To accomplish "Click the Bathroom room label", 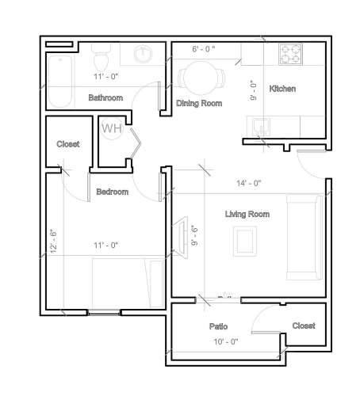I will [x=105, y=98].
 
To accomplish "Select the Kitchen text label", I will [x=282, y=89].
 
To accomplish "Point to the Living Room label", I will [x=247, y=214].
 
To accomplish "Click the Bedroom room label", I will [x=112, y=192].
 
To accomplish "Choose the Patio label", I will [x=219, y=326].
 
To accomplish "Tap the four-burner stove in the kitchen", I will [x=291, y=55].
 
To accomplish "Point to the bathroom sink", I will [x=144, y=54].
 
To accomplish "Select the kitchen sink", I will [x=261, y=127].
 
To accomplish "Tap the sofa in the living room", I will [x=303, y=238].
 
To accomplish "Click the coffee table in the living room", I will [x=243, y=241].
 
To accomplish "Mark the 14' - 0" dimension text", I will [x=247, y=183].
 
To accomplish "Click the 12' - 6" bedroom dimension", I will [x=53, y=237].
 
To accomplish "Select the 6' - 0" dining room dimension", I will [x=204, y=49].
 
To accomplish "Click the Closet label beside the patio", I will [x=304, y=326].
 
